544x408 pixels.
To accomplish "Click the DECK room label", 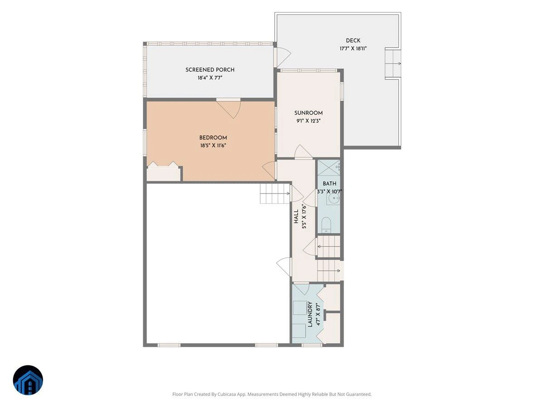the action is [x=353, y=40].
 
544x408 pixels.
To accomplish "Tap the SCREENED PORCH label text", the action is [x=210, y=70].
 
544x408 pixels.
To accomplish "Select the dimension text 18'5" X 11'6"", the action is [x=213, y=146].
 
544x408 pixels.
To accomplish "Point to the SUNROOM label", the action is [x=308, y=113].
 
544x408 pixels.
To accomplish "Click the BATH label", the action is [x=330, y=184].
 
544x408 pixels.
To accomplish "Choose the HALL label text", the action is [x=296, y=216].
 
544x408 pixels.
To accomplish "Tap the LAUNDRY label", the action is [x=310, y=314].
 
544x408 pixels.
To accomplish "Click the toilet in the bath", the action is [x=326, y=225].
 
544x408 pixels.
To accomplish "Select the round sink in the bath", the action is [x=334, y=198].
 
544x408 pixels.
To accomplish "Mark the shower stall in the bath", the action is [x=329, y=168].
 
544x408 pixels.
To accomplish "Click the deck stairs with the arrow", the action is [x=393, y=63].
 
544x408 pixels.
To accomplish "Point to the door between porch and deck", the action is [x=282, y=57].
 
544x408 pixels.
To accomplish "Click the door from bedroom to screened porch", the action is [x=228, y=108].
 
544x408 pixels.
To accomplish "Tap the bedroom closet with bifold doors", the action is [x=164, y=172].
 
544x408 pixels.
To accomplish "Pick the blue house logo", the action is [x=28, y=380].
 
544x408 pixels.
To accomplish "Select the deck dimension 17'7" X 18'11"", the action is [x=353, y=49].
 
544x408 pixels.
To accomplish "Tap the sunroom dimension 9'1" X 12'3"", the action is [x=309, y=121].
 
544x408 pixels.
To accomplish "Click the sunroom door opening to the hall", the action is [x=303, y=152].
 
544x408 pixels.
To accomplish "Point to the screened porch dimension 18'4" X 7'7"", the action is [x=210, y=78].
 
